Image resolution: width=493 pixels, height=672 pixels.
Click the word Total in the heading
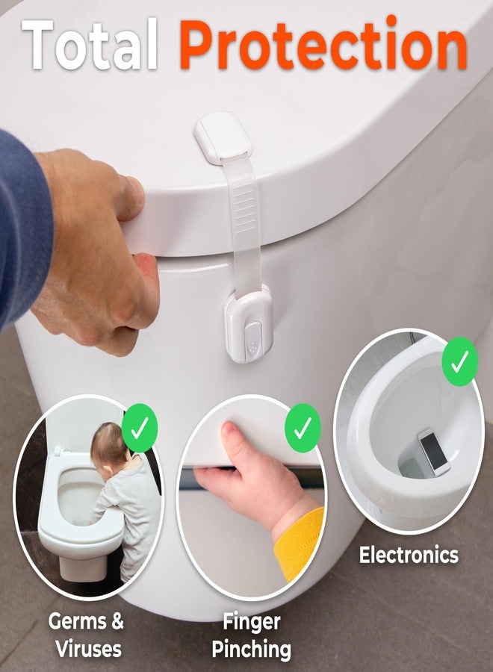(x=90, y=44)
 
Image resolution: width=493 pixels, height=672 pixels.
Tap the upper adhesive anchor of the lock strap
(x=222, y=137)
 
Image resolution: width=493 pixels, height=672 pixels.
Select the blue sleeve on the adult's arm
(x=22, y=227)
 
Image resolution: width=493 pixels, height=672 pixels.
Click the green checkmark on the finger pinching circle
(x=303, y=428)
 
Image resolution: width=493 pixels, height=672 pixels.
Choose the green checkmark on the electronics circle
(x=460, y=362)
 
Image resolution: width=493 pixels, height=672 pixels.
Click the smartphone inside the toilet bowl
(x=434, y=452)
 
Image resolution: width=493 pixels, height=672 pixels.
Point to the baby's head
(x=110, y=446)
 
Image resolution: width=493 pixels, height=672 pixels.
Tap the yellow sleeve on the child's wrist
(x=300, y=542)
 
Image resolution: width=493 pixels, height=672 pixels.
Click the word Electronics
(x=409, y=555)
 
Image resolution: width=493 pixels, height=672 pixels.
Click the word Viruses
(x=89, y=649)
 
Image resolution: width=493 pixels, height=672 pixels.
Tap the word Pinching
(x=252, y=650)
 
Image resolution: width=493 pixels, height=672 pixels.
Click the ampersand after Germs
(x=115, y=620)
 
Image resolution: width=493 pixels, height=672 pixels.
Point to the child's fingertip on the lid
(x=229, y=429)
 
